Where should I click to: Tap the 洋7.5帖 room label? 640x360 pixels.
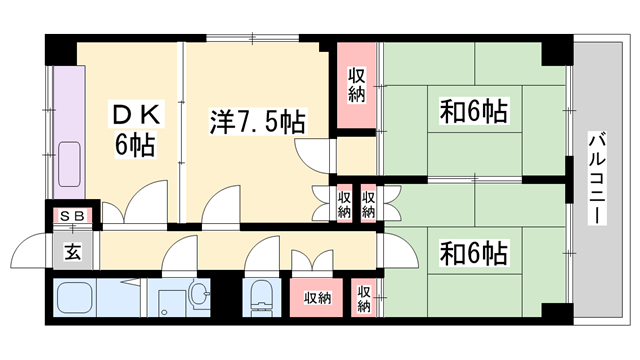point(255,122)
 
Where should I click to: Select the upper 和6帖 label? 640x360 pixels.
point(472,110)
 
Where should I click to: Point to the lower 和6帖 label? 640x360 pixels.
point(472,250)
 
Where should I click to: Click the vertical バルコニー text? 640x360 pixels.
point(596,180)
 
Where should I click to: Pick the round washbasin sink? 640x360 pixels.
point(199,295)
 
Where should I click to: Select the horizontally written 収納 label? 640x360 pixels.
point(317,298)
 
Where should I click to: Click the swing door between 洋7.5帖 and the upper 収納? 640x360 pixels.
point(315,150)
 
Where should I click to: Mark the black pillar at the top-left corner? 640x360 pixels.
point(60,45)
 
